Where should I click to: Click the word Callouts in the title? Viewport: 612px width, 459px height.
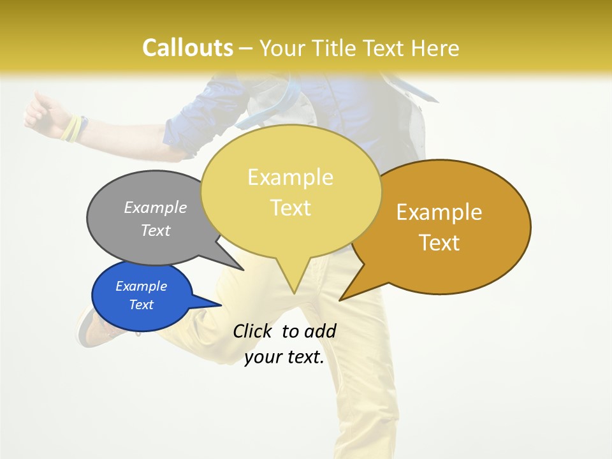(187, 48)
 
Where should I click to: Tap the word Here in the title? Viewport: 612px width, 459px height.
(436, 48)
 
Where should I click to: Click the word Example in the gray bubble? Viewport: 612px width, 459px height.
(156, 207)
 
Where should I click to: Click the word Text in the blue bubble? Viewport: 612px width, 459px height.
(142, 305)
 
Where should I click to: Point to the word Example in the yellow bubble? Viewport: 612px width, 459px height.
(291, 177)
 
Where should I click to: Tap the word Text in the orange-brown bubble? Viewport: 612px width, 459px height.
(440, 243)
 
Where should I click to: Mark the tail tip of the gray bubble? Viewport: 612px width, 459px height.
(243, 270)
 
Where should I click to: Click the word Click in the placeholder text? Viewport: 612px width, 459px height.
(252, 331)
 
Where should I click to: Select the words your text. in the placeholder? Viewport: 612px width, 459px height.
(284, 357)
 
